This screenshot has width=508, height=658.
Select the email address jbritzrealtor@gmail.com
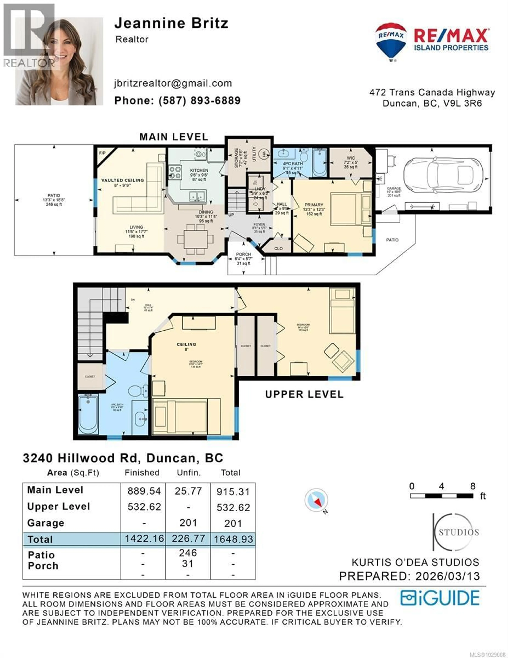[173, 83]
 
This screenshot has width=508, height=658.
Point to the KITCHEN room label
[199, 170]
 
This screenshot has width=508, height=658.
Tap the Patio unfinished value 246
[188, 553]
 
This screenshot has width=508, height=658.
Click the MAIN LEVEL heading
[174, 137]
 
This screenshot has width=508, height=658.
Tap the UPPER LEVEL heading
[304, 395]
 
